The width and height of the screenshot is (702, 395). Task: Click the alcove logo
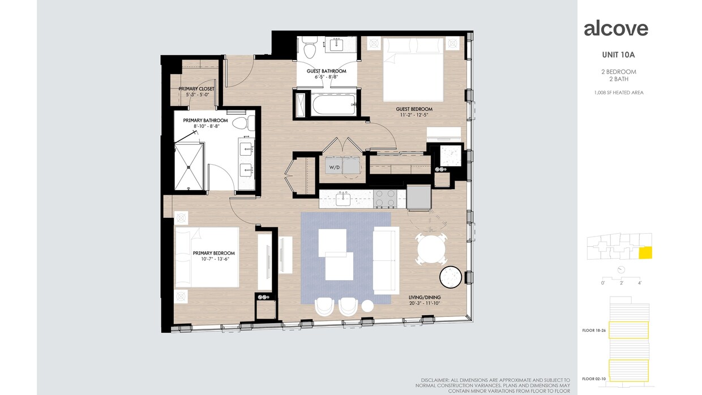click(x=616, y=28)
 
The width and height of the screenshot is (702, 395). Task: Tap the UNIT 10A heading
click(x=618, y=55)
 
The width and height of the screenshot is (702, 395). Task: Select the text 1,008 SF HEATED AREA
click(x=618, y=92)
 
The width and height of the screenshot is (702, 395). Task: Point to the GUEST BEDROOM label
click(x=414, y=109)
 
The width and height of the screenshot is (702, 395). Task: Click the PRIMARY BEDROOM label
click(x=213, y=254)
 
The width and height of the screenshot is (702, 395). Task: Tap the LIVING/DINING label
click(x=424, y=297)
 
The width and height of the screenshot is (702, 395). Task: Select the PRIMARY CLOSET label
click(x=196, y=89)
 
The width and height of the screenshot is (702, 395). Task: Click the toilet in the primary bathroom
click(x=239, y=123)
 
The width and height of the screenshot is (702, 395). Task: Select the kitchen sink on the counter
click(x=343, y=198)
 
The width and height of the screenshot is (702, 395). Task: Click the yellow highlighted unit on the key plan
click(x=645, y=253)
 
